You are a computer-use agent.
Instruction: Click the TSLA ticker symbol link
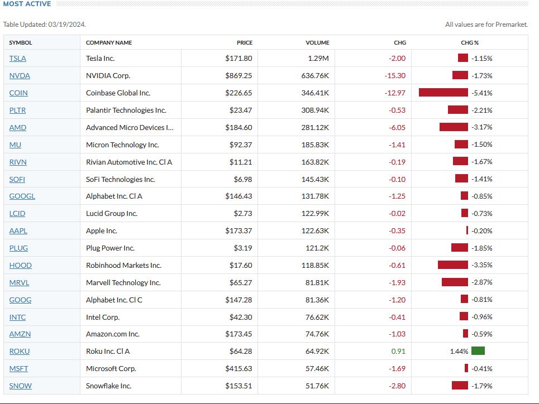18,59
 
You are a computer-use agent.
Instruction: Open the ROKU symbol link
20,352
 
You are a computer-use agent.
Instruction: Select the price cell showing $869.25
239,76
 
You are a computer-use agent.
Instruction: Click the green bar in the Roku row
478,351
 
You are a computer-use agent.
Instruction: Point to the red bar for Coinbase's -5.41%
443,93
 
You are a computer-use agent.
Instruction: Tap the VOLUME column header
317,42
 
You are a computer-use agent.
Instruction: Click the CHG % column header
470,42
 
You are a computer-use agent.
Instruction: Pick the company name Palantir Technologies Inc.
126,110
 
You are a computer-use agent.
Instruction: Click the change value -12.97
395,93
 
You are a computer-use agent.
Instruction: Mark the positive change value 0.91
398,352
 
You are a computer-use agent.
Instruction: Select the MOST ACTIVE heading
27,4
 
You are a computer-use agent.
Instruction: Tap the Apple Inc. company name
102,231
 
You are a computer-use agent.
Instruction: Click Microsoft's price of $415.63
239,369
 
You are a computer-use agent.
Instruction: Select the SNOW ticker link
21,386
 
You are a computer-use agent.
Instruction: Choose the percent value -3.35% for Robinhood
481,266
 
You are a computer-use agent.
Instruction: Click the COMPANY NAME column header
109,42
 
